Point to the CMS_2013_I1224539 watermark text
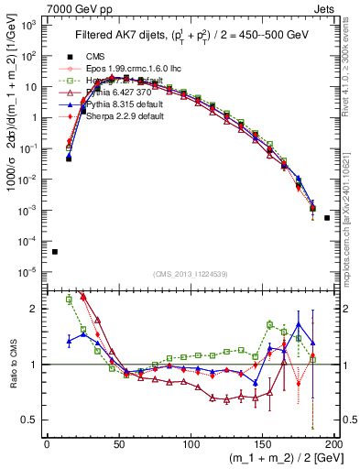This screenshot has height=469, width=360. point(191,273)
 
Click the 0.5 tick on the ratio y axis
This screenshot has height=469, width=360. point(35,420)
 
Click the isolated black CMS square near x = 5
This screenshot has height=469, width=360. point(54,252)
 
